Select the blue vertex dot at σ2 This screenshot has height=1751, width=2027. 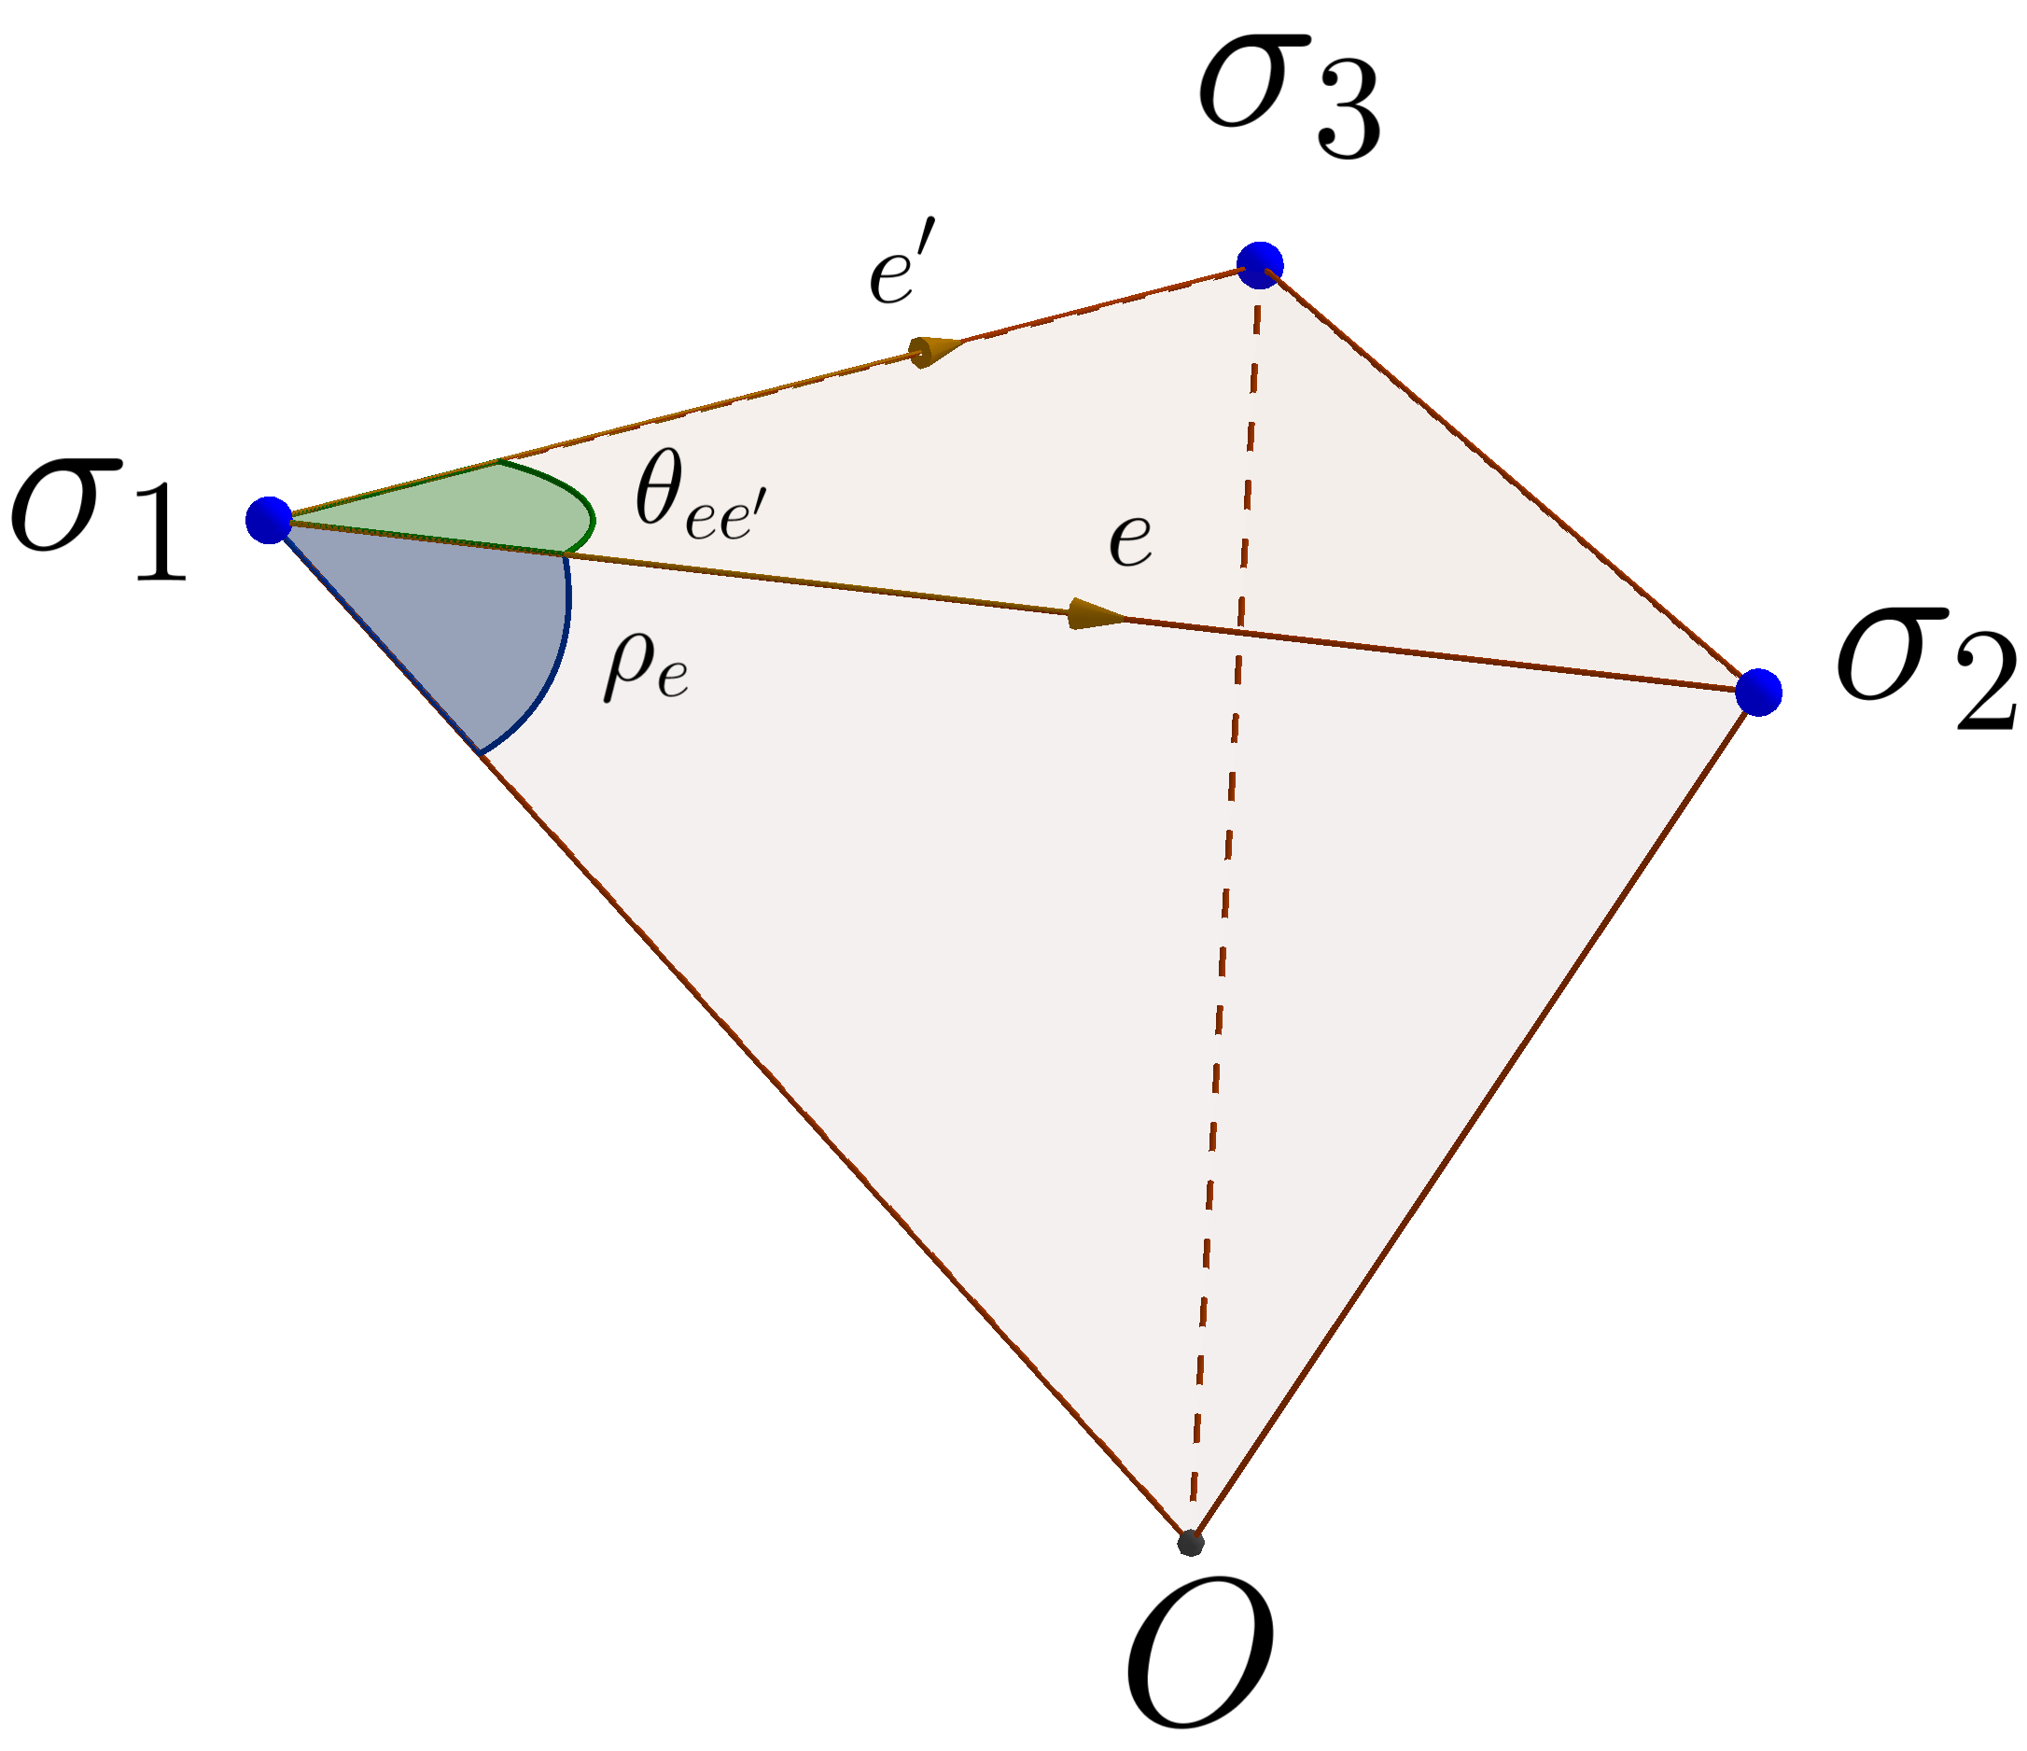[x=1758, y=692]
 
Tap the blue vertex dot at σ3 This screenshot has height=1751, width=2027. [x=1259, y=264]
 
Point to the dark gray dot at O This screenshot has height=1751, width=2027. [x=1191, y=1543]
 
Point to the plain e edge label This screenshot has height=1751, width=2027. [x=1130, y=540]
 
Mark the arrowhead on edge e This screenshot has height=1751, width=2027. [x=1096, y=613]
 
